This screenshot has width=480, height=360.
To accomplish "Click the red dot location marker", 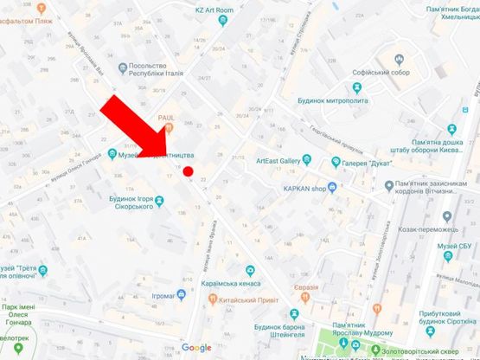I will (x=188, y=171).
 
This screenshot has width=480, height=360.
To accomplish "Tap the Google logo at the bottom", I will (x=196, y=348).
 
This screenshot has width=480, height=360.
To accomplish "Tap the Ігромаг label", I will (x=163, y=295).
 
